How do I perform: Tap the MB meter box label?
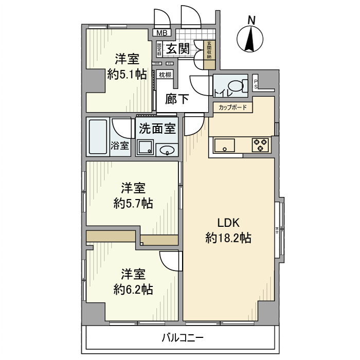click(161, 33)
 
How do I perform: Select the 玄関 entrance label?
click(177, 49)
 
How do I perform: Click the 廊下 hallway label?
click(176, 99)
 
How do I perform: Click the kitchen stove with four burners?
click(260, 145)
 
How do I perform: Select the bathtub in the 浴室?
click(98, 137)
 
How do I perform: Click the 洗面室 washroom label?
click(157, 129)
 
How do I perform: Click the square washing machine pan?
click(145, 148)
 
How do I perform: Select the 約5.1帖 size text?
click(127, 74)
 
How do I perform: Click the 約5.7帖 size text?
click(133, 203)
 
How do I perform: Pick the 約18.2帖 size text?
click(228, 238)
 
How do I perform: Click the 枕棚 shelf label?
click(165, 75)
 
